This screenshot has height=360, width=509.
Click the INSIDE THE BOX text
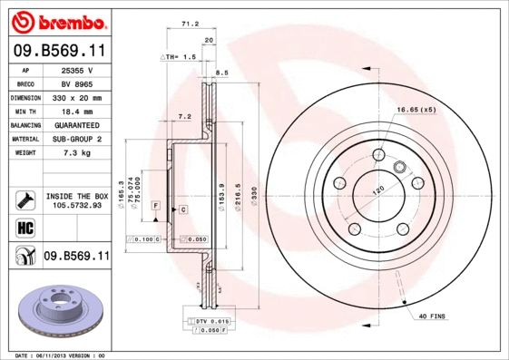click(x=77, y=196)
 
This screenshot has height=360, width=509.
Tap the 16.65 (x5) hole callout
click(x=416, y=110)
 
